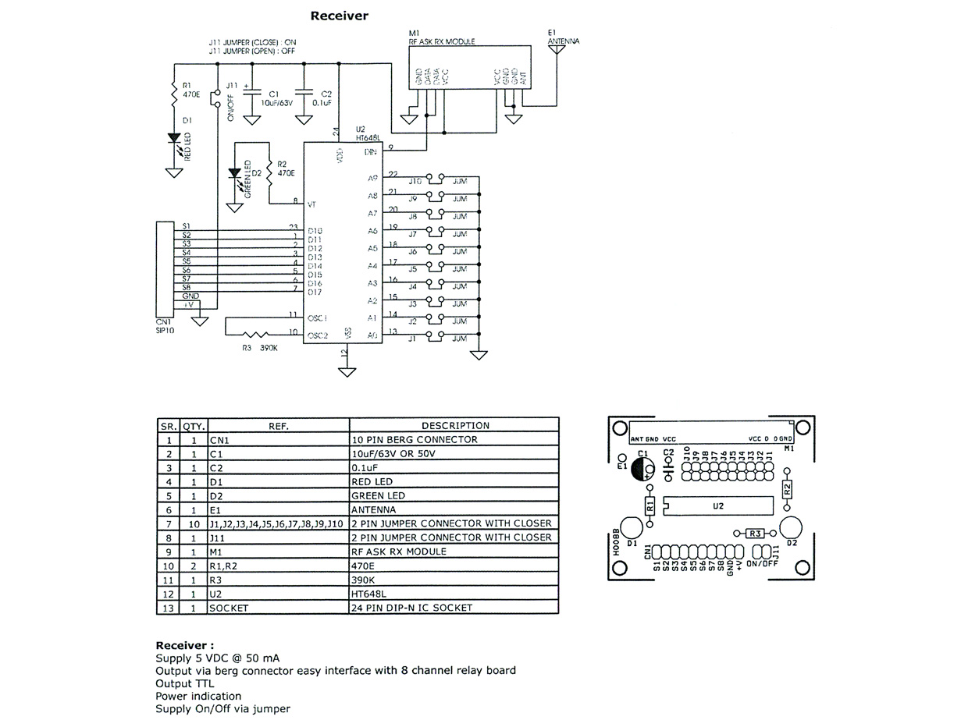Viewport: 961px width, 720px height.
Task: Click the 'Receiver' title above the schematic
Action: click(339, 16)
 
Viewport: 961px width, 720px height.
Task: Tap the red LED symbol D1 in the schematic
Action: click(174, 139)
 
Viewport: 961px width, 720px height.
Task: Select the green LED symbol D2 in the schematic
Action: click(233, 174)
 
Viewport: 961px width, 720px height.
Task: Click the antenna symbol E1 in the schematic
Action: click(556, 49)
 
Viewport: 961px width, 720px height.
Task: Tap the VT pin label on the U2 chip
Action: click(311, 204)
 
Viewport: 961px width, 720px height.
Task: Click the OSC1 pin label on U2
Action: click(316, 318)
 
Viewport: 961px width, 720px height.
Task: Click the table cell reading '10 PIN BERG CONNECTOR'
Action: click(415, 439)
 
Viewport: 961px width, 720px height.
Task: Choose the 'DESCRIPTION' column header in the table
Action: click(455, 426)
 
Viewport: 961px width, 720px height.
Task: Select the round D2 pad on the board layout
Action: click(790, 526)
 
